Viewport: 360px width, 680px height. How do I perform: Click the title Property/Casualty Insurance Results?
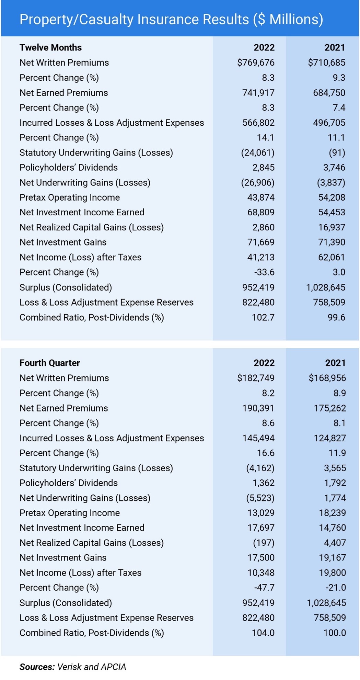171,19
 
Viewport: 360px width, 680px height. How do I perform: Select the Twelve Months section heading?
50,47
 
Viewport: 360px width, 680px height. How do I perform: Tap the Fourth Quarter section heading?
49,363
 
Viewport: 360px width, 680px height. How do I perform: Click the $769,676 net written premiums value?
256,63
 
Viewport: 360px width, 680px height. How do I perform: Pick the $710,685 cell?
326,63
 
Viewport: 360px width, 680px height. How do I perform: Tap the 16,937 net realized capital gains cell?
332,227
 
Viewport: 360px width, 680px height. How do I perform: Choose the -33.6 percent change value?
264,272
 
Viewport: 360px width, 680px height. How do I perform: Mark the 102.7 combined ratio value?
263,317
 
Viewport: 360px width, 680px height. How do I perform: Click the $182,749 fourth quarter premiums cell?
256,378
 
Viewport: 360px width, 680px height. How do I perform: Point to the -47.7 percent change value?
264,587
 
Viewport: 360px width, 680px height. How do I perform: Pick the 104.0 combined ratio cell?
263,633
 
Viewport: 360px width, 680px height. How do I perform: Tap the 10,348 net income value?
261,573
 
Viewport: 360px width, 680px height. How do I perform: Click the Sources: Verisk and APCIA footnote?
72,667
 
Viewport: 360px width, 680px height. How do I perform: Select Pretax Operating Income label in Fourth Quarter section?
70,513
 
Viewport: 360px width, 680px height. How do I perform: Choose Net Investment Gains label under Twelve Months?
63,242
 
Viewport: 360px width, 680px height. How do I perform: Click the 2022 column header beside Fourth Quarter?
264,363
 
